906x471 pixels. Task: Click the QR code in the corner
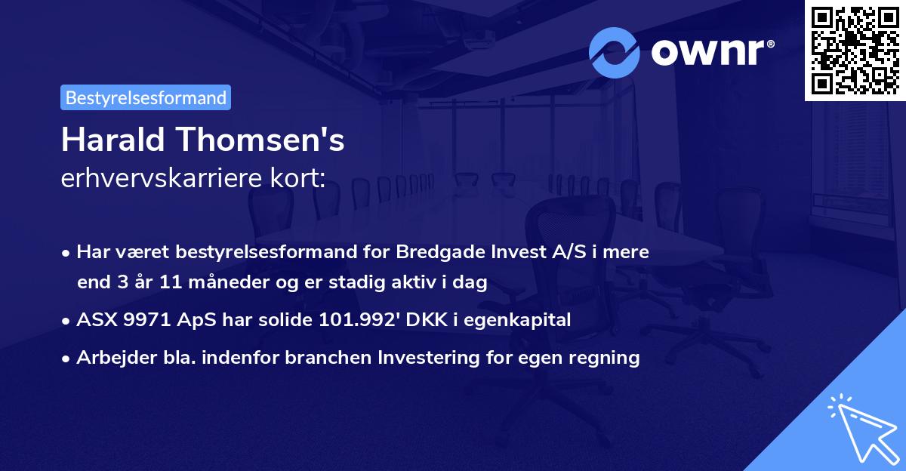[x=855, y=51]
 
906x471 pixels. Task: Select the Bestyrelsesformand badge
[x=146, y=97]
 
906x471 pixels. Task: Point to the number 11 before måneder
[x=163, y=283]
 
